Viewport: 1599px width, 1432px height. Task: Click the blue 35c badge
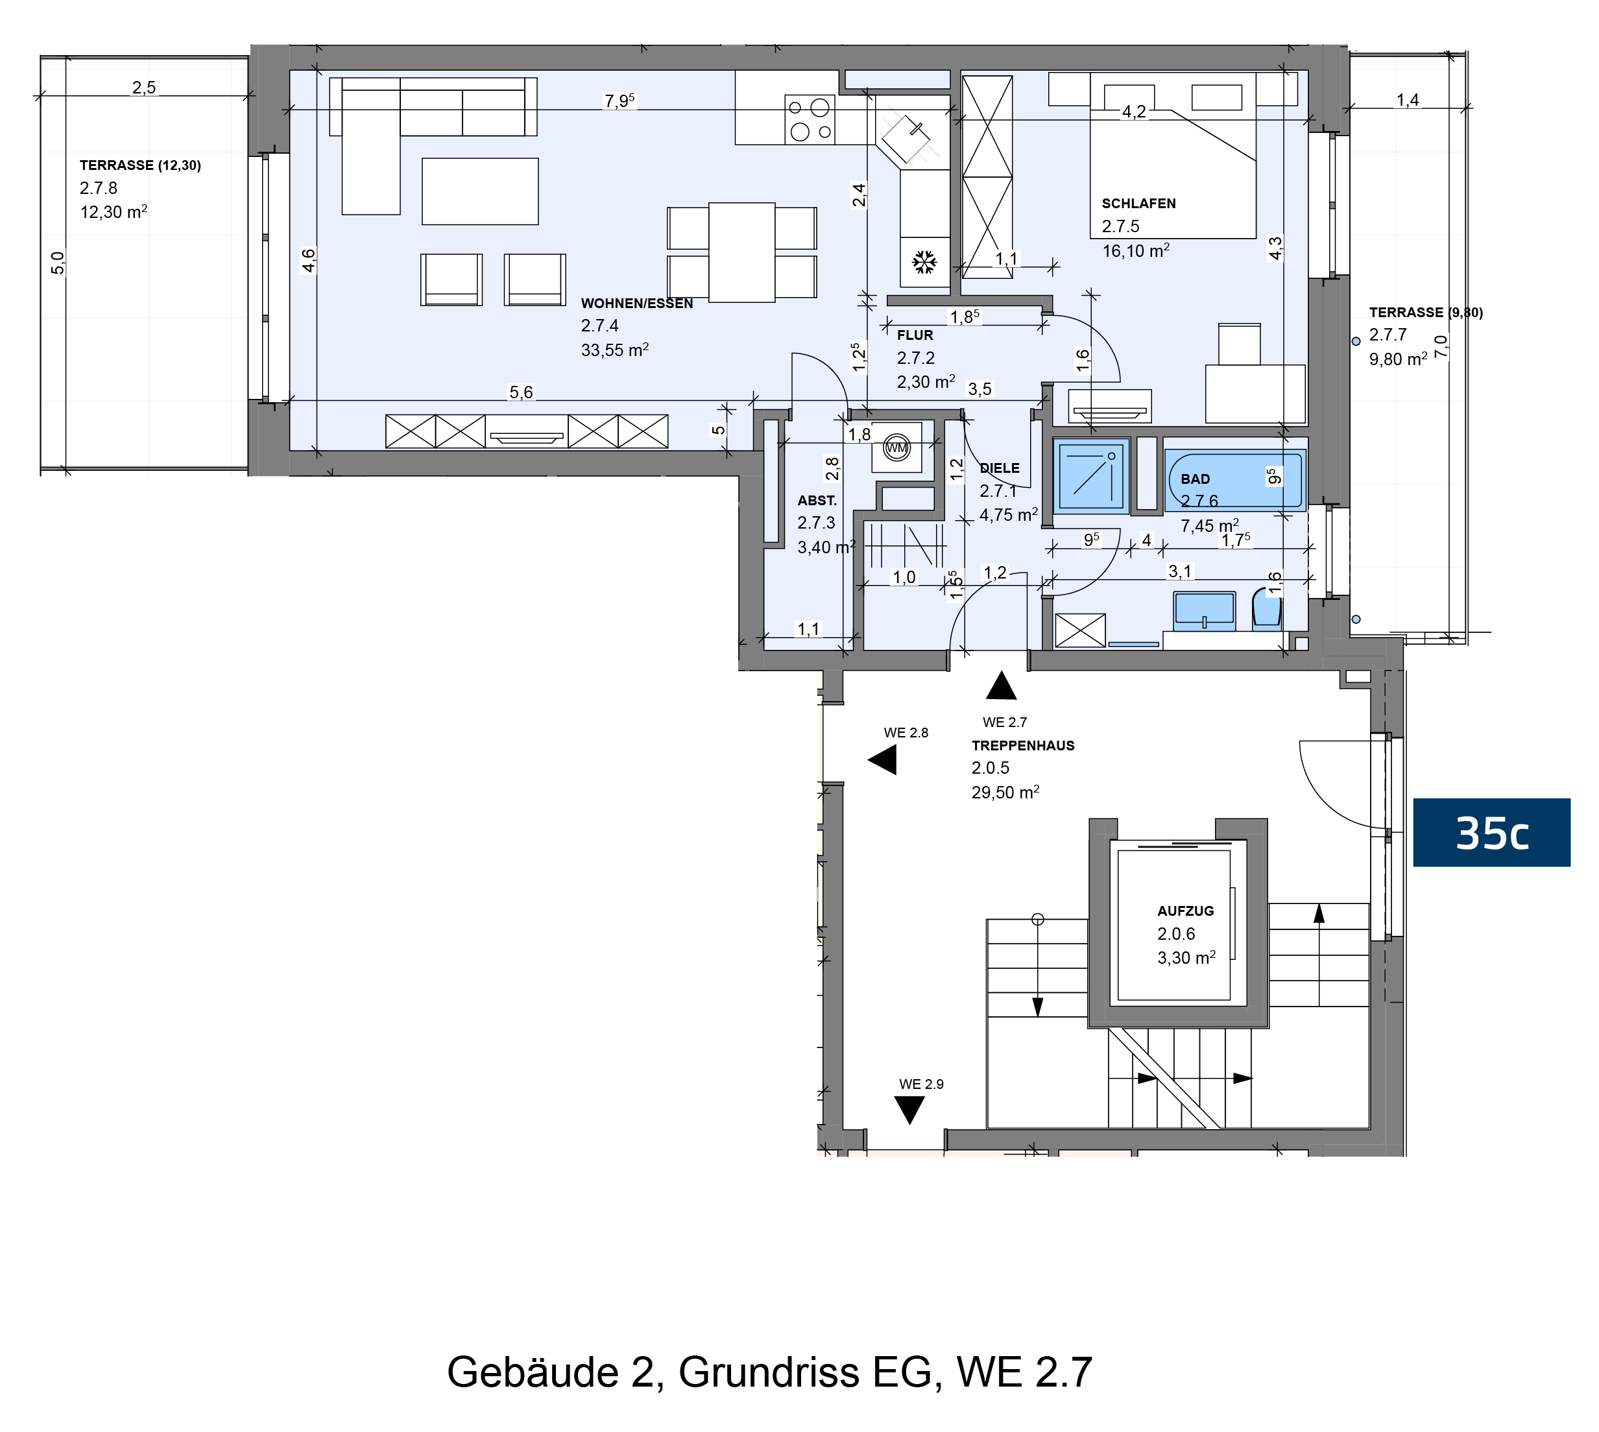click(1491, 833)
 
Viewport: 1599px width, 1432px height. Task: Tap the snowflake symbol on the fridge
click(924, 262)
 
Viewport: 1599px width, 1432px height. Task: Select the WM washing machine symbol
click(896, 447)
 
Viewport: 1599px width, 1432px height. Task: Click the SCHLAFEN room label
click(1138, 203)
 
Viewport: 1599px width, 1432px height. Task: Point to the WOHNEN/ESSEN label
click(636, 303)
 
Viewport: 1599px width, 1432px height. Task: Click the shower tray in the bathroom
click(1092, 476)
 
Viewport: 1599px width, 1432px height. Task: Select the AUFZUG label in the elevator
click(1185, 911)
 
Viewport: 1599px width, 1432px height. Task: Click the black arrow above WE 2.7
click(1001, 686)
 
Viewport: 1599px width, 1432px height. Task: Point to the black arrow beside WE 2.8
click(882, 760)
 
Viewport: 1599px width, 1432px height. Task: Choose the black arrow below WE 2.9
click(909, 1110)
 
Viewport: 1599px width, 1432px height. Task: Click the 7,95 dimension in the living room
click(619, 101)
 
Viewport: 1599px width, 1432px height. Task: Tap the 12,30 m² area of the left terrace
click(114, 211)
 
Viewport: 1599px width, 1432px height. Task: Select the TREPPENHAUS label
click(1023, 745)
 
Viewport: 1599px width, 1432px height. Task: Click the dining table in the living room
click(742, 252)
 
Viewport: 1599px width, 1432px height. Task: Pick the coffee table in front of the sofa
click(480, 191)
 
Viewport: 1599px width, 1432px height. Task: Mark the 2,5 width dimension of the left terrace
click(144, 88)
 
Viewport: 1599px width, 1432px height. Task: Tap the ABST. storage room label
click(817, 501)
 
